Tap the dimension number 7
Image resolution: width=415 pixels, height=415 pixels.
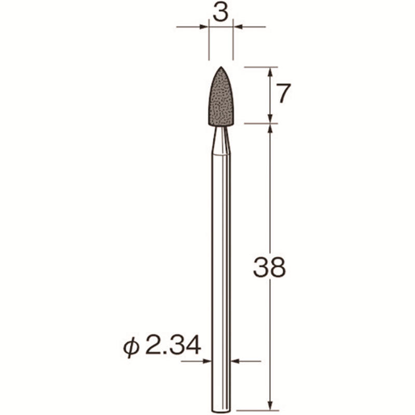click(282, 93)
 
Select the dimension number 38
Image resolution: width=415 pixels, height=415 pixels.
click(269, 267)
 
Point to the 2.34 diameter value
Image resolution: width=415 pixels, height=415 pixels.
click(173, 345)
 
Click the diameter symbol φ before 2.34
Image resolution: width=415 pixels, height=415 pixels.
click(131, 347)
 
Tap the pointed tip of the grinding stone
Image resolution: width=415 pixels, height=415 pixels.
click(221, 67)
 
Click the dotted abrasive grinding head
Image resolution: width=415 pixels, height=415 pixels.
click(221, 96)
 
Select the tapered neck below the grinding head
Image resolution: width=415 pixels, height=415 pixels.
click(221, 140)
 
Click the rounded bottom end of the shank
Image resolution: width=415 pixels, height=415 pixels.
click(221, 411)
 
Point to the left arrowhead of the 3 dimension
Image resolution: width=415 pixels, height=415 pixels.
click(204, 27)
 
